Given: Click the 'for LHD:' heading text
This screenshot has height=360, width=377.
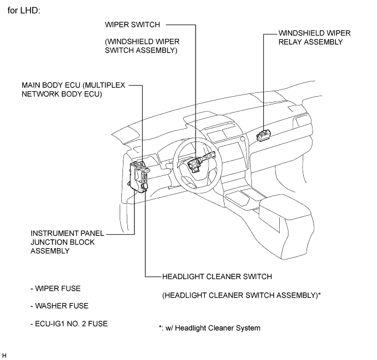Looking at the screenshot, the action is coord(24,10).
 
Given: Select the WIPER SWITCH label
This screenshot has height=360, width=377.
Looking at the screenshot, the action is coord(132,25).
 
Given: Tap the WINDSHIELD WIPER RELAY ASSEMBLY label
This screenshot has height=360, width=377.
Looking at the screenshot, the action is coord(314,38).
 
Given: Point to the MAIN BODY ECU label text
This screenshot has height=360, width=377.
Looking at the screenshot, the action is coord(73,90).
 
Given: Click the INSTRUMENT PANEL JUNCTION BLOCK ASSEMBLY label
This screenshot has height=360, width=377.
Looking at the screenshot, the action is coord(67,242).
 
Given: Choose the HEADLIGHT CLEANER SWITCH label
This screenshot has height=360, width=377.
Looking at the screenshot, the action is coord(217,276).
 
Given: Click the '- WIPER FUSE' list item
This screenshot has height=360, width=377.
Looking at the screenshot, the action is coord(56,288).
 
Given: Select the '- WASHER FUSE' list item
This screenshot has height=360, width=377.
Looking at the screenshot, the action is coord(60,306).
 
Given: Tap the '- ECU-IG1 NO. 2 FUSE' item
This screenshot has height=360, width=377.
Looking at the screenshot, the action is coord(69,324).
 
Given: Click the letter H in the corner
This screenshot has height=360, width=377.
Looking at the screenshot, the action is coord(4,356).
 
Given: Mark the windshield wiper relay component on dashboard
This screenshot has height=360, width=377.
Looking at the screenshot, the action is coord(263,135).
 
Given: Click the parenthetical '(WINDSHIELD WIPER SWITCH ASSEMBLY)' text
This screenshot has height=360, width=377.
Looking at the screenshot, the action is coord(142,46).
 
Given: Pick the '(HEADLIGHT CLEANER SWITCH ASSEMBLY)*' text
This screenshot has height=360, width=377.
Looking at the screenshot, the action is coord(241,295).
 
